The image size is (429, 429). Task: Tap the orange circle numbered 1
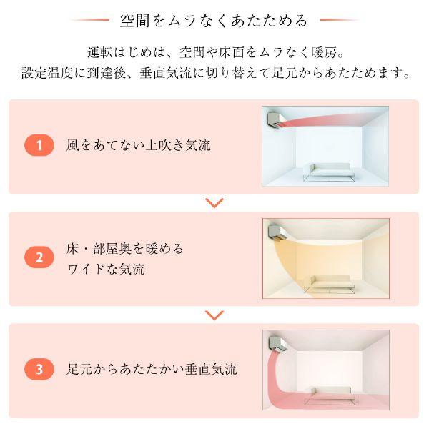tap(39, 146)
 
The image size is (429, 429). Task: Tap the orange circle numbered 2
tap(39, 257)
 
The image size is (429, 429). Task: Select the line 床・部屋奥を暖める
tap(125, 248)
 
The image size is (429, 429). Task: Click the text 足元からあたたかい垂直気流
tap(152, 370)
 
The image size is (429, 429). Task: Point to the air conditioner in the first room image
tap(275, 118)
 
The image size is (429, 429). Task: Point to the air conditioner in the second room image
tap(275, 230)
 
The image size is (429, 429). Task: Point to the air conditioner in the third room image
tap(275, 342)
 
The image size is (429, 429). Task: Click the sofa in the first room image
tap(327, 170)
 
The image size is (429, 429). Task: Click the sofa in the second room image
tap(327, 282)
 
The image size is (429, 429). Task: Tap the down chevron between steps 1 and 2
tap(214, 203)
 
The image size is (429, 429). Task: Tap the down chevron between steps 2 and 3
tap(214, 315)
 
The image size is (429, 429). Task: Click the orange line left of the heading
tap(89, 20)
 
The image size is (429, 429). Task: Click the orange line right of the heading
tap(339, 20)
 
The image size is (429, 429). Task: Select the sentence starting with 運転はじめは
tap(214, 52)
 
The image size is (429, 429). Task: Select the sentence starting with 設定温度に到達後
tap(214, 74)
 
